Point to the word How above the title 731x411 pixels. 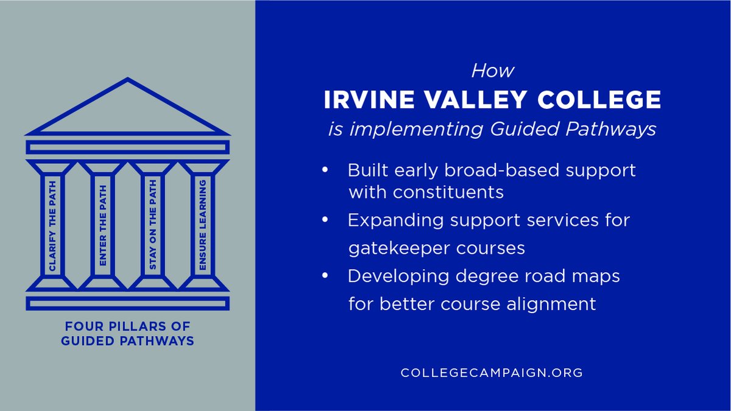click(x=492, y=71)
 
